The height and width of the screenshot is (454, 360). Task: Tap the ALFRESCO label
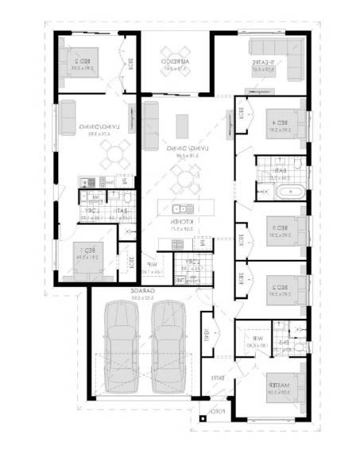click(174, 63)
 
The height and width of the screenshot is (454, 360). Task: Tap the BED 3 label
click(278, 228)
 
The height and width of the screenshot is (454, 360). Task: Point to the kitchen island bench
click(184, 208)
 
